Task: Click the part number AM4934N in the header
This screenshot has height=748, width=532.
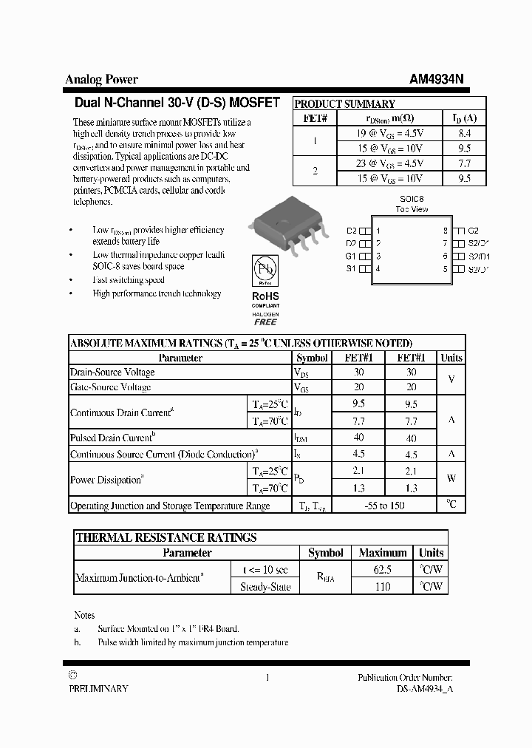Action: pyautogui.click(x=437, y=80)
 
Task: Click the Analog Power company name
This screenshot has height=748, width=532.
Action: pyautogui.click(x=101, y=80)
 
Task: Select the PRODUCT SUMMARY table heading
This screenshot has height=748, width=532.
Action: pyautogui.click(x=345, y=104)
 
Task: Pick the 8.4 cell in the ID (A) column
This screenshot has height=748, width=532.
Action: pyautogui.click(x=465, y=134)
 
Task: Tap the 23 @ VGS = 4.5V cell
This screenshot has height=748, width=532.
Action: pyautogui.click(x=389, y=163)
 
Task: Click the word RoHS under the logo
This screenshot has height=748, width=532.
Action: pyautogui.click(x=265, y=296)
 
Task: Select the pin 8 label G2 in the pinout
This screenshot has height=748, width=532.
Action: pyautogui.click(x=474, y=231)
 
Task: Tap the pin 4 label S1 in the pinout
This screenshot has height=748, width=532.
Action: pyautogui.click(x=351, y=268)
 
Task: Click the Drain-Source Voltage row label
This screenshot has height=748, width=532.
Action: pyautogui.click(x=112, y=373)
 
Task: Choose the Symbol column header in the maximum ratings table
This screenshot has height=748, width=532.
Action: pyautogui.click(x=312, y=358)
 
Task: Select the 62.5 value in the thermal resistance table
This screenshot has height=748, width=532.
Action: pyautogui.click(x=383, y=570)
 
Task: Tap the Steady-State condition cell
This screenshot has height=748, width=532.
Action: pyautogui.click(x=265, y=587)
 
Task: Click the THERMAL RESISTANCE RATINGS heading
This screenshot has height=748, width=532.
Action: pyautogui.click(x=166, y=537)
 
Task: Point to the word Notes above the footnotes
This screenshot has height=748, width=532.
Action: pyautogui.click(x=84, y=615)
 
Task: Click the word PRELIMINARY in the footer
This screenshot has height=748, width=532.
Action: pyautogui.click(x=98, y=688)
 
